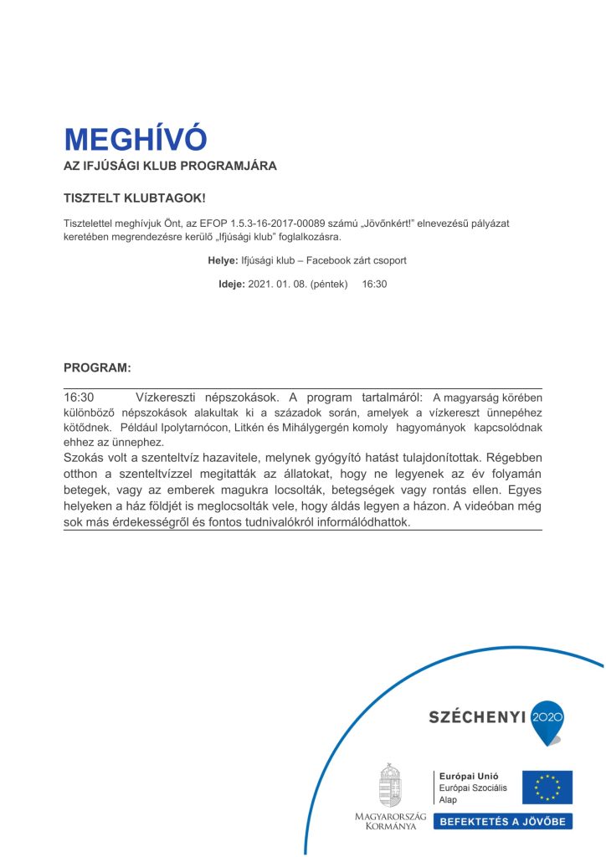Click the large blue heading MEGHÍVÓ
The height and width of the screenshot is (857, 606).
(135, 138)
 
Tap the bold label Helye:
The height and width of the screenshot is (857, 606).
(223, 260)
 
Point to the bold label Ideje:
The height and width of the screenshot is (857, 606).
(232, 285)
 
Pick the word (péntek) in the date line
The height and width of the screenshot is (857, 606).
(328, 285)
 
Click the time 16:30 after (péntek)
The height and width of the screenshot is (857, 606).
(374, 285)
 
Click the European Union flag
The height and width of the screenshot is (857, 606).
(547, 788)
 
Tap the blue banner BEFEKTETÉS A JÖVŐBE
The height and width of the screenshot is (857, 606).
(502, 821)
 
